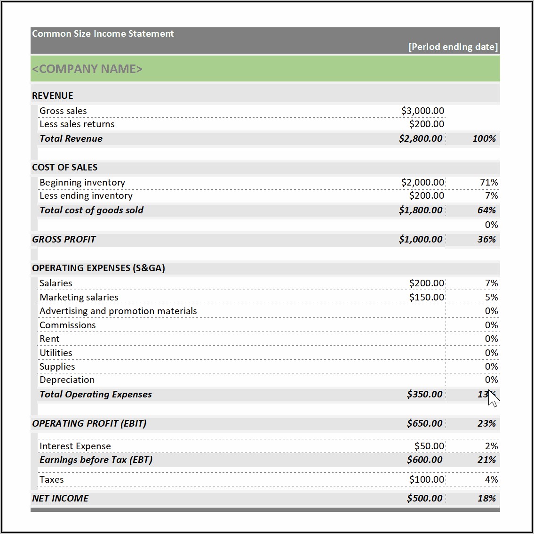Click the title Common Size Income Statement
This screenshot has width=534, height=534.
click(103, 34)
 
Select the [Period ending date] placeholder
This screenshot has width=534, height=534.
click(453, 47)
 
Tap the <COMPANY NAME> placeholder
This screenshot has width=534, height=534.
click(87, 69)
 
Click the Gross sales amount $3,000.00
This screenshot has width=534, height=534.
click(422, 111)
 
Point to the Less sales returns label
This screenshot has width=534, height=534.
click(77, 124)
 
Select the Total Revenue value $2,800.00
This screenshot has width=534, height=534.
click(421, 139)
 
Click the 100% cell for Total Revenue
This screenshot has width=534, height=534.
click(484, 139)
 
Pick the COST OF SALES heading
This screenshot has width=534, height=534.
click(65, 168)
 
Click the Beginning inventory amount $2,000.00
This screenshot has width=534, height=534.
click(422, 182)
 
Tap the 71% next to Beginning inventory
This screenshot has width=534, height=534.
click(489, 182)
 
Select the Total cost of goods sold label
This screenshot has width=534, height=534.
click(91, 210)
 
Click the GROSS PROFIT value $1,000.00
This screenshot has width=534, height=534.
click(421, 240)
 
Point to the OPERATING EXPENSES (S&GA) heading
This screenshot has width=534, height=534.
click(98, 268)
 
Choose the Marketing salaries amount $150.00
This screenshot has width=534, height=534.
click(426, 298)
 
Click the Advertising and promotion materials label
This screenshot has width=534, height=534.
click(118, 311)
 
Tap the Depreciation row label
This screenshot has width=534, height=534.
click(67, 380)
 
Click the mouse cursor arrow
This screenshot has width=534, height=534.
click(493, 398)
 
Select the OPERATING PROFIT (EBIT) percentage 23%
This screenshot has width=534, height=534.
click(486, 424)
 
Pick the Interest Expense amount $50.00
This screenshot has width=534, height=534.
click(429, 446)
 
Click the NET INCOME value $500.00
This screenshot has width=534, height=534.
click(424, 499)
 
